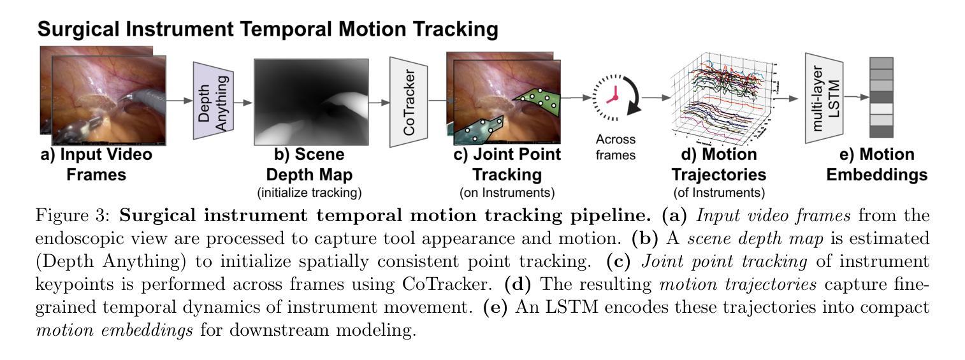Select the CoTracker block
409,101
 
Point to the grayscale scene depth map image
311,101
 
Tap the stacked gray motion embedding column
881,97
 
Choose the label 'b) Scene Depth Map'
309,164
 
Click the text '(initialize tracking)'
309,192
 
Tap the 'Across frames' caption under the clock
615,147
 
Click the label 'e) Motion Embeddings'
877,164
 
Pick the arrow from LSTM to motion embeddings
857,97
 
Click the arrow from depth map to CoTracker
380,101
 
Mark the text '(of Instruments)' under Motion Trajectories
718,192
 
